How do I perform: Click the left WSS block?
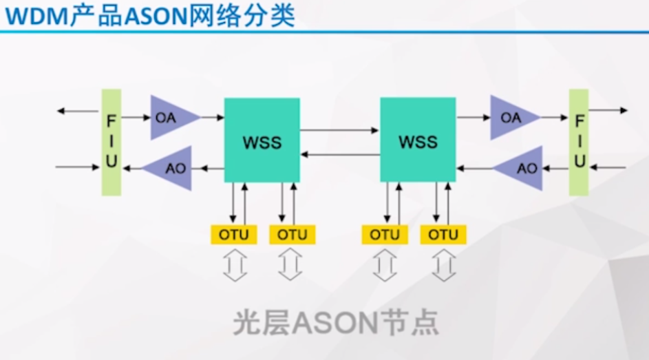[x=262, y=140]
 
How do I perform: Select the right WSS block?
[x=418, y=140]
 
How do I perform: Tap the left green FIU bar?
[x=111, y=142]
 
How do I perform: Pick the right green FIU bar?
[x=579, y=142]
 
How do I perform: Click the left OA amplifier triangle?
[x=171, y=118]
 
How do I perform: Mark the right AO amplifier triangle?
[x=522, y=167]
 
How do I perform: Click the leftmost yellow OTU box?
[x=234, y=235]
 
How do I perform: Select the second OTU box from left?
[x=292, y=235]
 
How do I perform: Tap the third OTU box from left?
[x=385, y=235]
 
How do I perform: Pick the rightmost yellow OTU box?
[x=443, y=235]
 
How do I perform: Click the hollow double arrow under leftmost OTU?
[x=234, y=265]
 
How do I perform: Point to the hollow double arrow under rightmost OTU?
[x=444, y=265]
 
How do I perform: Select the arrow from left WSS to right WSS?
[x=340, y=129]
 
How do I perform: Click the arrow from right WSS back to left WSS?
[x=340, y=154]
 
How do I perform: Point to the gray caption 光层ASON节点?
[x=335, y=323]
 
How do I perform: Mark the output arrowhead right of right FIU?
[x=622, y=110]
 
